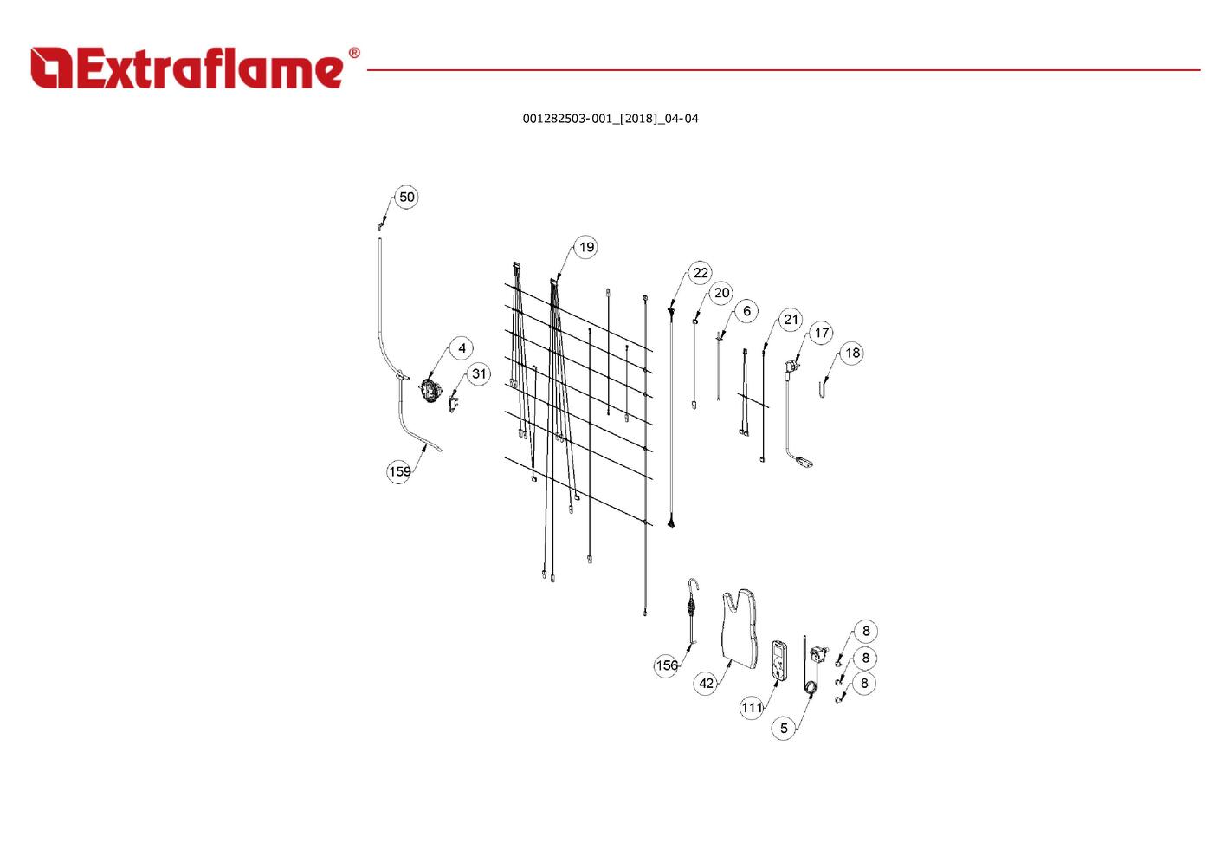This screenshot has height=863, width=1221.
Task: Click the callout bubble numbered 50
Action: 406,197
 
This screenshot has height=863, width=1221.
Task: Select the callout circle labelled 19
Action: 586,247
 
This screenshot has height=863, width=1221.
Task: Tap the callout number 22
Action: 701,273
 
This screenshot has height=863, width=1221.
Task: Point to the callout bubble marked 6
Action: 746,311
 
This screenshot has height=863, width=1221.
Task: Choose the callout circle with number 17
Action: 822,332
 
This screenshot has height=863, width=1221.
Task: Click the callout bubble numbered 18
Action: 852,353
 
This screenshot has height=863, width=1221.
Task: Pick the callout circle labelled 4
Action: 462,348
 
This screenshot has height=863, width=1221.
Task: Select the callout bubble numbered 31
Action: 479,374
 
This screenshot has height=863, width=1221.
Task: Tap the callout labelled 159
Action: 399,471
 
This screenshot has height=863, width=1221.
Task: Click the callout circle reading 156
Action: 666,665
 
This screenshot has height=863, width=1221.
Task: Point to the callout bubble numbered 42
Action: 707,683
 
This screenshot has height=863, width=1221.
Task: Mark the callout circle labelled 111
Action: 752,707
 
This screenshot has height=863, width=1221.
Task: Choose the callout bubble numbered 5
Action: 784,728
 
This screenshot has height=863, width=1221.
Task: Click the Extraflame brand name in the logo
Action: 208,69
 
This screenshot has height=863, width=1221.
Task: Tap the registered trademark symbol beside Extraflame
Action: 353,54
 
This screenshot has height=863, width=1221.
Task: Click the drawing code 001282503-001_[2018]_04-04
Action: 610,119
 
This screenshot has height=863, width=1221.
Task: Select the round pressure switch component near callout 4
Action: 429,391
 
